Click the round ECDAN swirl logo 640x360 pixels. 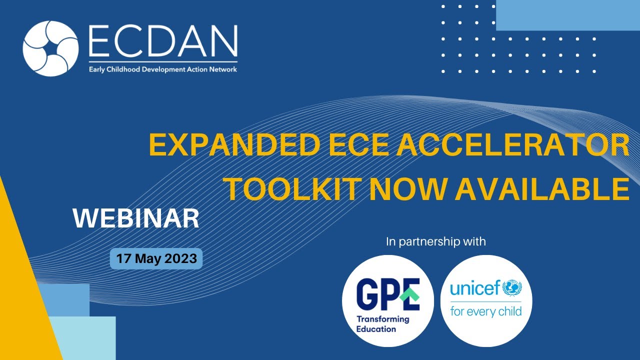click(50, 48)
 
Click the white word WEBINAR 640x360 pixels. click(136, 219)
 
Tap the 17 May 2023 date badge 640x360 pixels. click(156, 259)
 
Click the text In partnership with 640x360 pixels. click(436, 242)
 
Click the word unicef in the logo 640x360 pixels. click(475, 288)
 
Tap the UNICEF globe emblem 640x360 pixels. click(512, 288)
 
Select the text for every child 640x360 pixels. click(486, 312)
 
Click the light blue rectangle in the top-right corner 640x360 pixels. click(567, 15)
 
